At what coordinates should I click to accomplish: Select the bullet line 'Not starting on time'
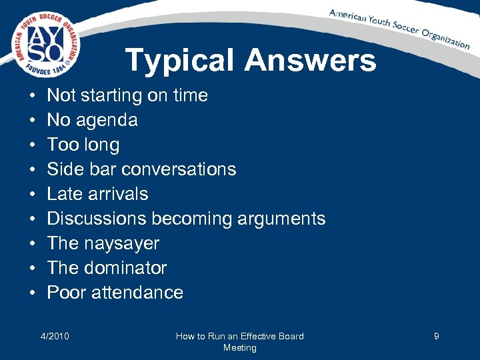[x=127, y=95]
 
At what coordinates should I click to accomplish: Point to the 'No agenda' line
[x=92, y=120]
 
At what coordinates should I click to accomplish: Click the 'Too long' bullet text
[x=83, y=145]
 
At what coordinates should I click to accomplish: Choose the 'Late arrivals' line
[x=97, y=194]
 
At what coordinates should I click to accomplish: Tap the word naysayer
[x=122, y=243]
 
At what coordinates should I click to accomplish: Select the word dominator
[x=125, y=268]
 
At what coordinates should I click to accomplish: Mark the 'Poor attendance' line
[x=115, y=293]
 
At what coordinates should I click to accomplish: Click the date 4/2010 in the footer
[x=55, y=336]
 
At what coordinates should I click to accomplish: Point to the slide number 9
[x=436, y=336]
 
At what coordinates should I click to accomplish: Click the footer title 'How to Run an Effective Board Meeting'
[x=239, y=341]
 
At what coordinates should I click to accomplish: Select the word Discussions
[x=97, y=219]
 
